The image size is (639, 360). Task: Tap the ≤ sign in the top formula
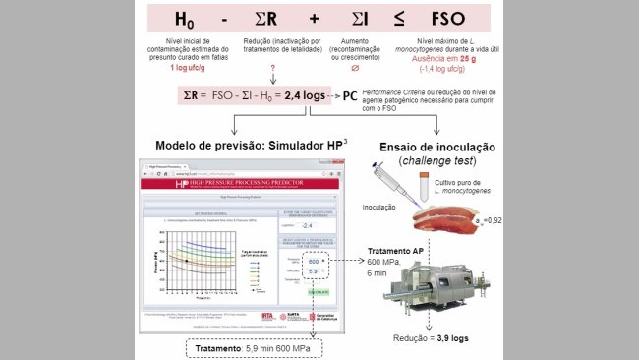403,20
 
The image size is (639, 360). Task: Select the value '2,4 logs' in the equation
304,97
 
